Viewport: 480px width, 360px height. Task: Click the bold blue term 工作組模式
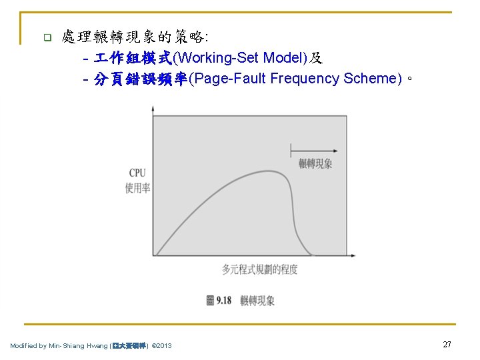(x=133, y=59)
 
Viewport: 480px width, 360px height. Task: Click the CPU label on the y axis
(x=137, y=173)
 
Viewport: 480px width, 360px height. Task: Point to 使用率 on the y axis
(x=137, y=188)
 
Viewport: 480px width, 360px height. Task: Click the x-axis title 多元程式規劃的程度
(x=260, y=269)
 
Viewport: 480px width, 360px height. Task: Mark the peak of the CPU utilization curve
(x=267, y=171)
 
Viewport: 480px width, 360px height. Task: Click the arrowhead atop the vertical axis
(x=153, y=107)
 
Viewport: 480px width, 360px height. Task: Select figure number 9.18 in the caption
(x=223, y=301)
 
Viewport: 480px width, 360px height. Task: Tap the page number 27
(x=447, y=344)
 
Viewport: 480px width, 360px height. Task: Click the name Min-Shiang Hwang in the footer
(x=74, y=345)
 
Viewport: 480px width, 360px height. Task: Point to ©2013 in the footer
(x=162, y=345)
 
